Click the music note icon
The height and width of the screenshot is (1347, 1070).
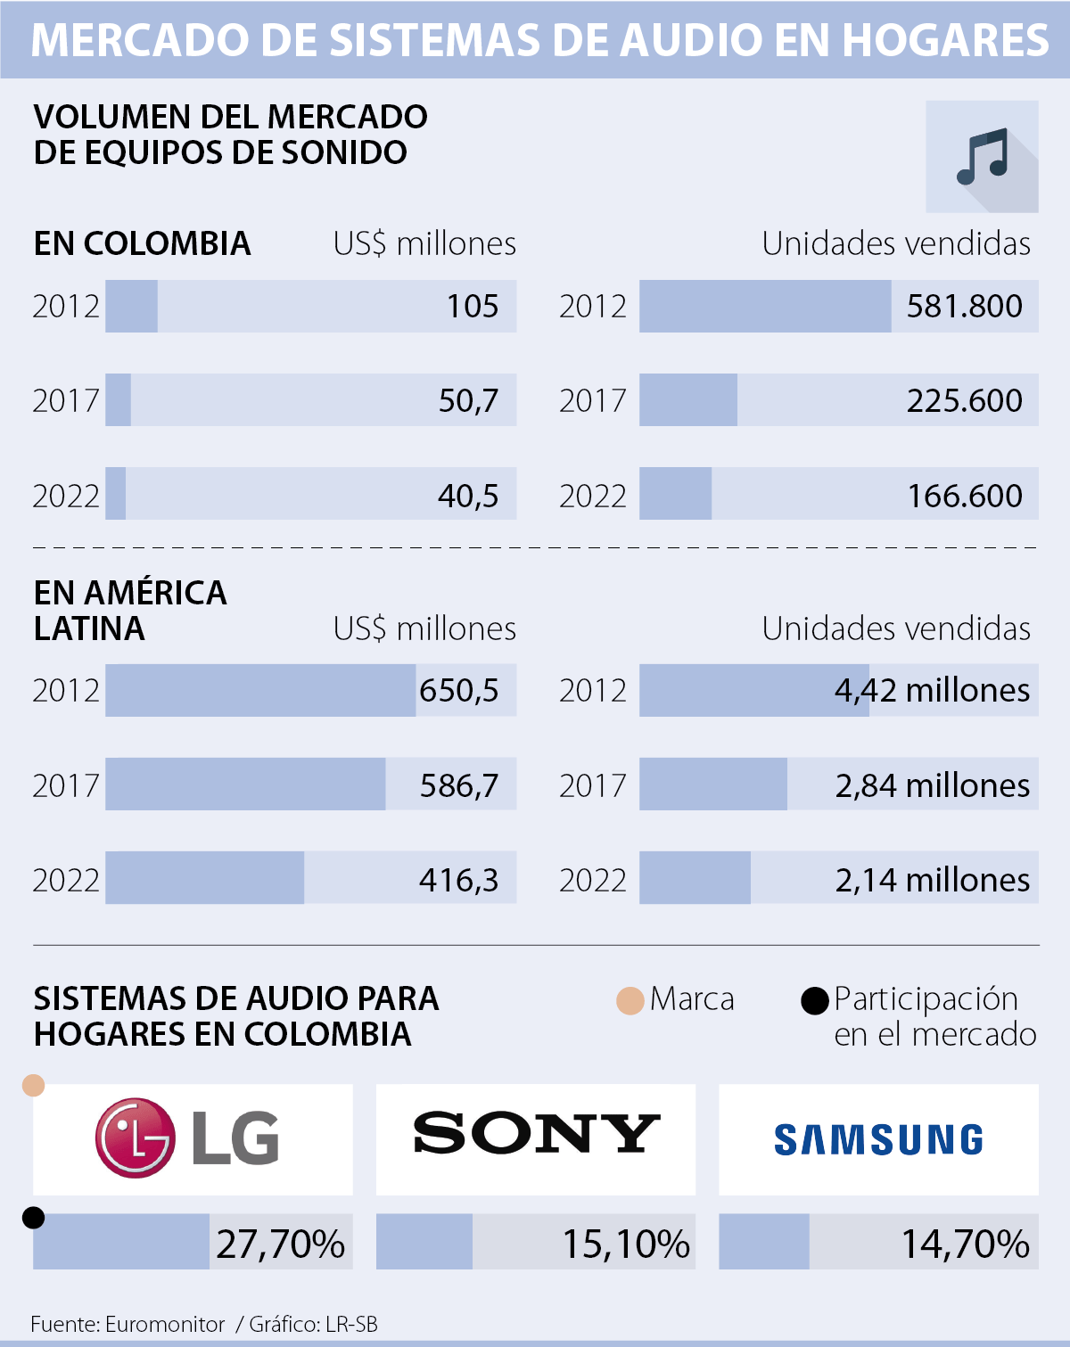point(982,157)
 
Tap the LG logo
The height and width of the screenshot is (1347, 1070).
point(188,1138)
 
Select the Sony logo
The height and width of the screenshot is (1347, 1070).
point(536,1134)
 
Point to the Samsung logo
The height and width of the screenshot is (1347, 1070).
point(878,1140)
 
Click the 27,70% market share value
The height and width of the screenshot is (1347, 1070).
point(280,1244)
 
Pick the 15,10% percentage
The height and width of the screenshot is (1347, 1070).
point(626,1244)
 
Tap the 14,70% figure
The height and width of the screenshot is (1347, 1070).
point(966,1244)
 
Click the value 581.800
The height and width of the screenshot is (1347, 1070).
point(964,307)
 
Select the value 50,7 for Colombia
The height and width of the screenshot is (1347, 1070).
point(468,401)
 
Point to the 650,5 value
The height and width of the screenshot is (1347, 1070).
point(458,691)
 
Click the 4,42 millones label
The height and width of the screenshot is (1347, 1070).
point(932,691)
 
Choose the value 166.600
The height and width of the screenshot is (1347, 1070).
point(964,496)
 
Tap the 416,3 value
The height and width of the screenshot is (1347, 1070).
point(458,880)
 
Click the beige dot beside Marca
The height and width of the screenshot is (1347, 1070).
point(630,1000)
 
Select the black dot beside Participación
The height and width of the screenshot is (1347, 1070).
point(815,1000)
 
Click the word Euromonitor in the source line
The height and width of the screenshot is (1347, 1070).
point(165,1325)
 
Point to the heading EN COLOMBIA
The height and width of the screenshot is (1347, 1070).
point(142,243)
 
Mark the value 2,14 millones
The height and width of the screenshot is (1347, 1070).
point(932,880)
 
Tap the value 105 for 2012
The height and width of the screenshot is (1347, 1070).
point(472,307)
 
